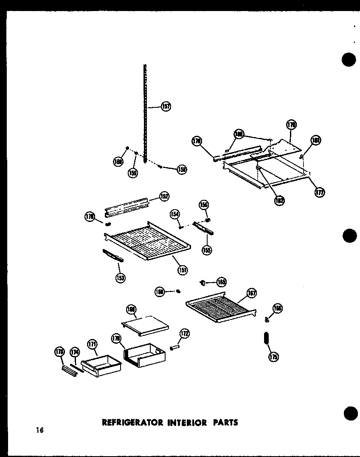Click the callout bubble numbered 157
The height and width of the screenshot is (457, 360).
166,107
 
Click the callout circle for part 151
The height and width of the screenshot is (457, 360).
183,269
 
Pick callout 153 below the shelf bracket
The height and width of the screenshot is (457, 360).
120,278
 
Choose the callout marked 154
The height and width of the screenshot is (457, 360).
175,214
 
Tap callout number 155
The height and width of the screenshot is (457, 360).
207,250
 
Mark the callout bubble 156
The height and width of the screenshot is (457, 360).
203,205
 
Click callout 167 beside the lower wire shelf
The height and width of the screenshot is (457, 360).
252,293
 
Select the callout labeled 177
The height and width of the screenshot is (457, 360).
319,192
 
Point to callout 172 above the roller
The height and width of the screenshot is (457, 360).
185,334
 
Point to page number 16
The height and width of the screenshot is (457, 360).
39,431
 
